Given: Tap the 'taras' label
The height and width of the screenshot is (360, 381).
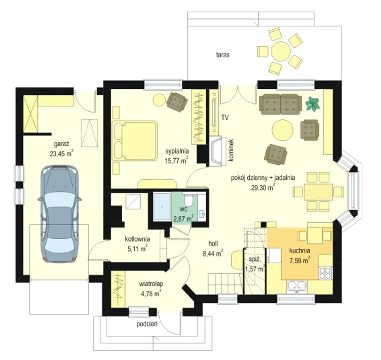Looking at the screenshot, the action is click(223, 55).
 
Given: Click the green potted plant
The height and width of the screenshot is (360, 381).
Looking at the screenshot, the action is click(312, 104).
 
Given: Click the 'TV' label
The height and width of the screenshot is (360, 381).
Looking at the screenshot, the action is click(225, 117).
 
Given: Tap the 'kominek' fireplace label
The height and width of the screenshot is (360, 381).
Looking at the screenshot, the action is click(231, 150).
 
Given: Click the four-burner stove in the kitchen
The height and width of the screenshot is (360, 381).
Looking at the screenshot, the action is click(325, 273).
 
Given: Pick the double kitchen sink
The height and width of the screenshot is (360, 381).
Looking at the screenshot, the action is click(296, 287).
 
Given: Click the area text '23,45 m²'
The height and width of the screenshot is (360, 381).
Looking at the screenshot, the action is click(61, 154).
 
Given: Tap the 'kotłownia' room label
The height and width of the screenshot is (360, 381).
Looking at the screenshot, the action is click(138, 239).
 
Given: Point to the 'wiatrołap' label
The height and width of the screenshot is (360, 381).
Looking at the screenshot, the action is click(151, 284).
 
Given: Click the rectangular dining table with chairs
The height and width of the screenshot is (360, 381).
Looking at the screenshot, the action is click(318, 192).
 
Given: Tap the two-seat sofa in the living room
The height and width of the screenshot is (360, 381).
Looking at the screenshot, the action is click(280, 104).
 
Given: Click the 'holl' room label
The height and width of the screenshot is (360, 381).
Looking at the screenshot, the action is click(213, 244).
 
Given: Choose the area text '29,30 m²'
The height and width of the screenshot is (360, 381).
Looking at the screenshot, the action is click(263, 187).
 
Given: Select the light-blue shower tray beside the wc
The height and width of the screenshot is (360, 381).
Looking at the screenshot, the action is click(162, 206).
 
